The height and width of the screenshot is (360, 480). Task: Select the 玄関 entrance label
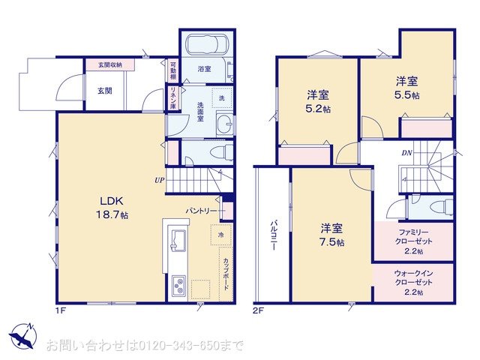click(103, 91)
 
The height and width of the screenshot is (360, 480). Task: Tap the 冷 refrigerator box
click(222, 235)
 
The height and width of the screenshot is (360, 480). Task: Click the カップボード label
click(225, 274)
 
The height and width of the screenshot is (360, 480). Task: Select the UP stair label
click(160, 180)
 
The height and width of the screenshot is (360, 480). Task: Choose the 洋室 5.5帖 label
click(407, 88)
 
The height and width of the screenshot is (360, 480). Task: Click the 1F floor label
click(59, 309)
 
